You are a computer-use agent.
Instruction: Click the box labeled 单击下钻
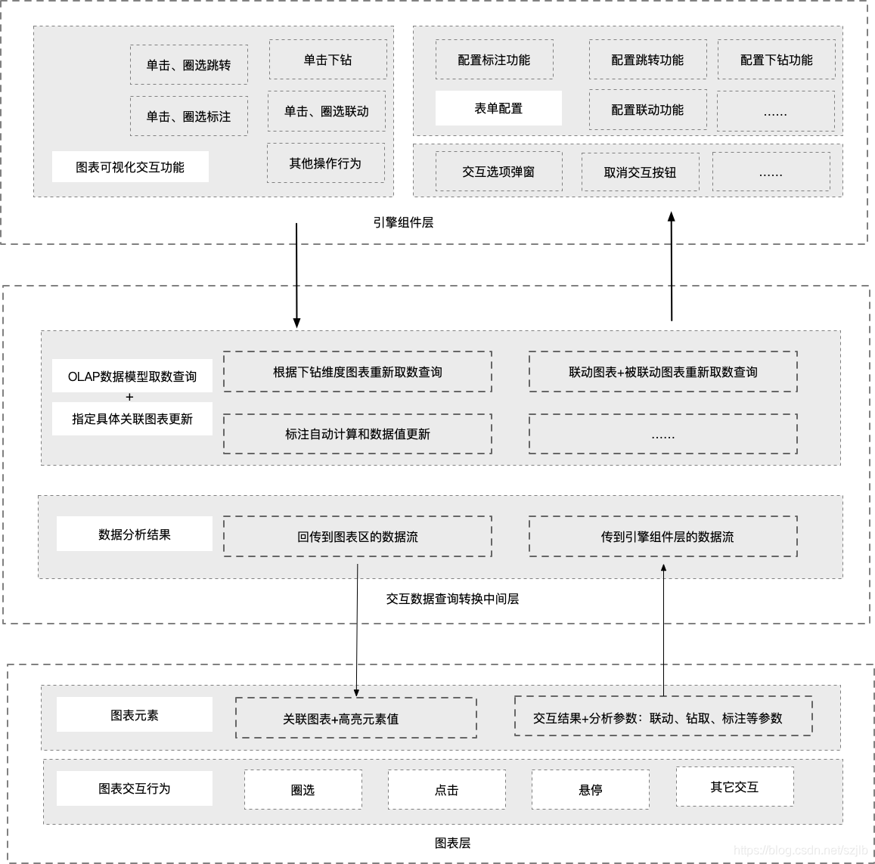pos(327,60)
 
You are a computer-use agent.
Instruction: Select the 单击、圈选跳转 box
pos(188,65)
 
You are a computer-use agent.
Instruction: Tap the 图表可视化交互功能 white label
pos(130,167)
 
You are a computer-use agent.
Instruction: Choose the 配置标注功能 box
pos(494,60)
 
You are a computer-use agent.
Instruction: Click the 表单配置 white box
pos(498,108)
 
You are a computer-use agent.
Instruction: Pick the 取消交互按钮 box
pos(640,172)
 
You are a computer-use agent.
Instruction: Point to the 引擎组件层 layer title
pos(403,222)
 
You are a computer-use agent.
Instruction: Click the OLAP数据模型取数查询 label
pos(132,376)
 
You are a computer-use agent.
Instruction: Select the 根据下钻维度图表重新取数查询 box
pos(357,372)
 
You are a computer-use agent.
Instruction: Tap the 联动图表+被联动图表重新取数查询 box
pos(663,372)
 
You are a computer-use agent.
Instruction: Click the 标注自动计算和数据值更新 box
pos(357,434)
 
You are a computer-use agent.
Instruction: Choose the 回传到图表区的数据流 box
pos(357,537)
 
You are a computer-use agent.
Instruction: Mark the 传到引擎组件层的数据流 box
pos(663,537)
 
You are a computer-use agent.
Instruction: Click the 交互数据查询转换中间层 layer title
pos(452,599)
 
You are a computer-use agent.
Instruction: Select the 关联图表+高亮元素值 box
pos(356,718)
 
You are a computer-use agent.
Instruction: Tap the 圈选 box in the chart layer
pos(303,790)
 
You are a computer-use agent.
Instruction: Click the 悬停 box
pos(590,790)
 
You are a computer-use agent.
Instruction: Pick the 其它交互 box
pos(734,787)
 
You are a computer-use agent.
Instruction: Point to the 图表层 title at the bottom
pos(452,843)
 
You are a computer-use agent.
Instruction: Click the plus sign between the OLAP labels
pos(129,397)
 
